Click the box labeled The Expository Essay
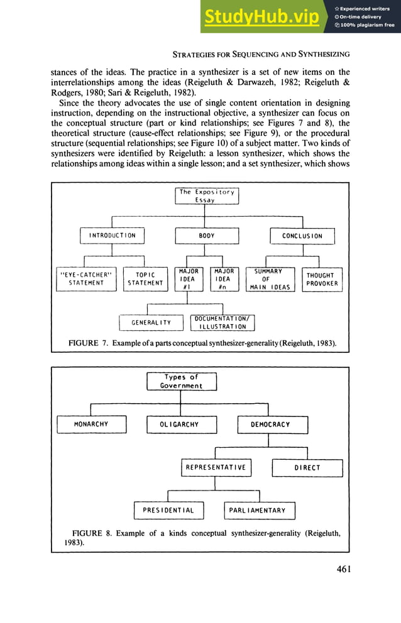[x=206, y=196]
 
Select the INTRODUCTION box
[x=112, y=236]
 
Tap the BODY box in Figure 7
[x=206, y=236]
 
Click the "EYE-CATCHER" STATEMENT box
[x=81, y=279]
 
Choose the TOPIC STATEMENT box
[x=145, y=279]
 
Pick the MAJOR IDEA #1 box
[x=187, y=279]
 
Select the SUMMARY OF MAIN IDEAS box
[x=266, y=279]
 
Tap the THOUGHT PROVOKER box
[x=322, y=279]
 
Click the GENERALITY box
[x=151, y=323]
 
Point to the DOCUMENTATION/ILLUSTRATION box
[x=223, y=323]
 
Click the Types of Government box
[x=181, y=381]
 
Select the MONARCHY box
[x=91, y=425]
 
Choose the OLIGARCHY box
[x=181, y=425]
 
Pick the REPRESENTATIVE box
[x=216, y=468]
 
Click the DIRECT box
[x=307, y=468]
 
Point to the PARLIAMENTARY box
[x=260, y=511]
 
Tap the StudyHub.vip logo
[x=264, y=17]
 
